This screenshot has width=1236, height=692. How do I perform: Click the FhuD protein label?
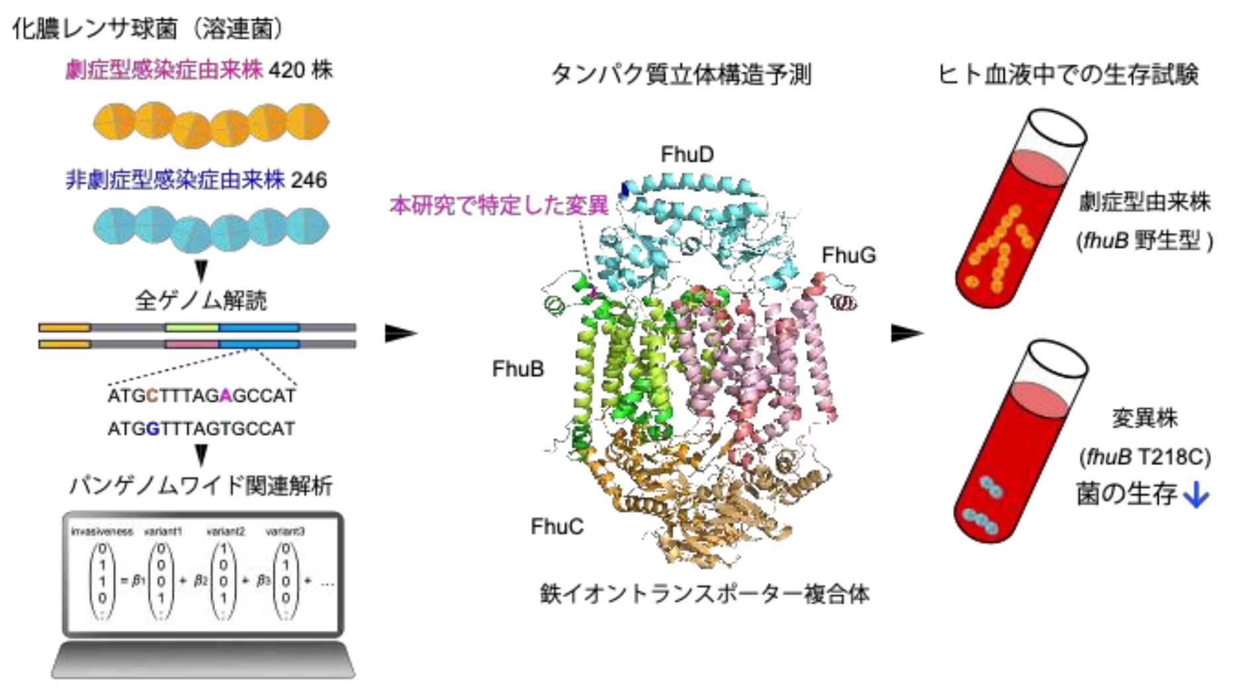tap(687, 155)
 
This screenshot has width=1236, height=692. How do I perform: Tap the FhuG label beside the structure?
tap(848, 255)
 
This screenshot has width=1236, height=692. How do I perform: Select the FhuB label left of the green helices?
tap(517, 369)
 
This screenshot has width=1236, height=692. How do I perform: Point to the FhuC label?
tap(557, 527)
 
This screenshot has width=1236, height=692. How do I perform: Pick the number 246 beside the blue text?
tap(309, 180)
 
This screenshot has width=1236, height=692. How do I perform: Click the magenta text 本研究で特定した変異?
tap(499, 206)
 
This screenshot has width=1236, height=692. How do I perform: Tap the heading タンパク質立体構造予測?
tap(681, 75)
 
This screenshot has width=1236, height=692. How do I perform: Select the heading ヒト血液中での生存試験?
tap(1068, 75)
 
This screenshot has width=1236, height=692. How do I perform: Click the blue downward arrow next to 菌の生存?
tap(1196, 495)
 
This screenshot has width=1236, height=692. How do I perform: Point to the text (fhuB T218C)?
tap(1145, 457)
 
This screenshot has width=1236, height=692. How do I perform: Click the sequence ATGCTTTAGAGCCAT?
tap(202, 396)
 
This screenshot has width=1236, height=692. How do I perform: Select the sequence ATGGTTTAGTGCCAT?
tap(201, 429)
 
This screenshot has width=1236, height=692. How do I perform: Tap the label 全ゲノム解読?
tap(200, 301)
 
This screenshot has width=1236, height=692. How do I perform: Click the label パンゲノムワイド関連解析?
tap(200, 486)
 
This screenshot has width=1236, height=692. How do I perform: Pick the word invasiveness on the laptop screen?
tap(102, 531)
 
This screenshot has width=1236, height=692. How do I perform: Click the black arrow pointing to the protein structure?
tap(400, 333)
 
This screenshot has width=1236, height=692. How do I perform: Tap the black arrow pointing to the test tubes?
tap(906, 333)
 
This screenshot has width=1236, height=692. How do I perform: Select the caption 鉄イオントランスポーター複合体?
tap(705, 593)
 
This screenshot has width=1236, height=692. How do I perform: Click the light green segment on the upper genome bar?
tap(192, 327)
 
